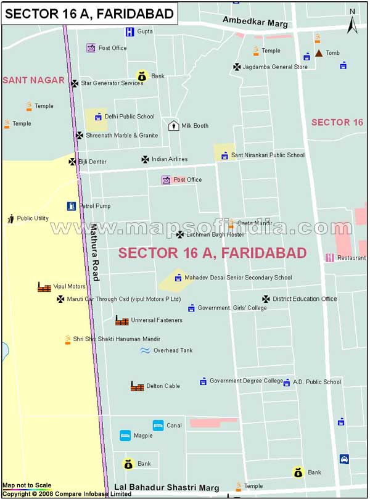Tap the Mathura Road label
pos(94,252)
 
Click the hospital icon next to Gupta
pos(129,31)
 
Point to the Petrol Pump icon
pos(72,206)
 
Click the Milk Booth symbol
pos(173,126)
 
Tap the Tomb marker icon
pos(319,53)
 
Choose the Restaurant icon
pos(330,258)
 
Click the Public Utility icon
pos(10,218)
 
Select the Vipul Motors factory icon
pos(44,287)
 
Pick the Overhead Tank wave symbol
pos(145,350)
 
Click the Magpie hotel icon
pos(125,435)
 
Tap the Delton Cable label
pos(163,386)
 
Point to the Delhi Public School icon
pos(97,117)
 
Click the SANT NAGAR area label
pos(33,80)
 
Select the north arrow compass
pos(351,23)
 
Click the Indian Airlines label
pos(170,159)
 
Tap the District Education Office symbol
pos(266,299)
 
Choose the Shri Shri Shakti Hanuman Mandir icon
pos(68,339)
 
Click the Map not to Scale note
pos(27,485)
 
